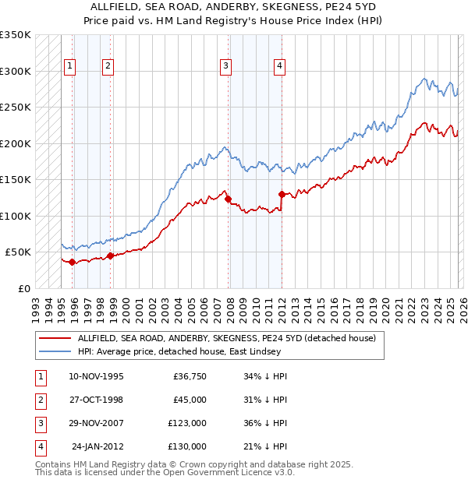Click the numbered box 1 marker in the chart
pyautogui.click(x=70, y=66)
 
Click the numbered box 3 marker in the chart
pyautogui.click(x=225, y=66)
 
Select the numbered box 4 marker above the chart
pyautogui.click(x=278, y=66)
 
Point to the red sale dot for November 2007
pyautogui.click(x=228, y=199)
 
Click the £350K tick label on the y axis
pyautogui.click(x=16, y=35)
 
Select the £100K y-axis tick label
pyautogui.click(x=16, y=216)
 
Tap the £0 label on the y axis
pyautogui.click(x=23, y=288)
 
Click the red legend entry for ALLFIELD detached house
pyautogui.click(x=226, y=338)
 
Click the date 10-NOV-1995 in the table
pyautogui.click(x=96, y=376)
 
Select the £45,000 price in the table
pyautogui.click(x=190, y=400)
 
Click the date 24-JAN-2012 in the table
pyautogui.click(x=97, y=446)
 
